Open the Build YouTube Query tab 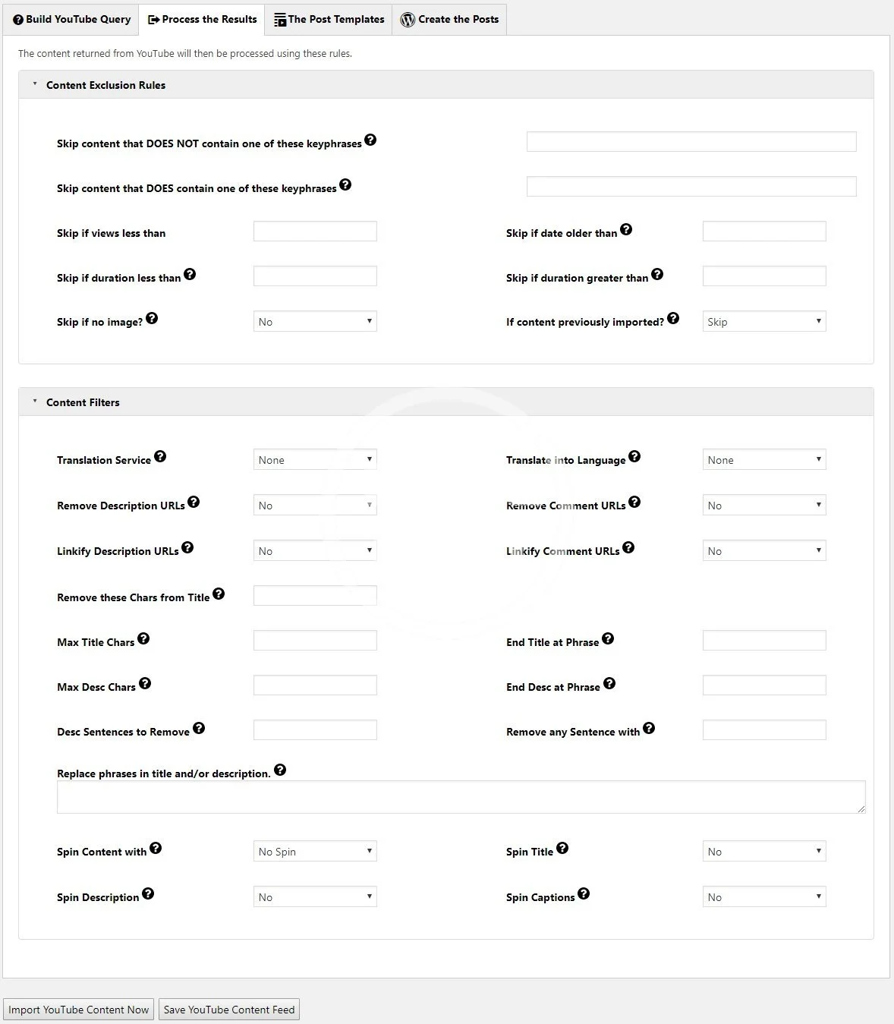(x=71, y=19)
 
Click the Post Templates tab (x=329, y=19)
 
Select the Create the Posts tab (x=449, y=19)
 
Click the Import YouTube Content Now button (x=79, y=1010)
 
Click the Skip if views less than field (x=315, y=232)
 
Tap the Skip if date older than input (x=764, y=232)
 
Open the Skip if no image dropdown (x=315, y=321)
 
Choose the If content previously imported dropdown (x=764, y=321)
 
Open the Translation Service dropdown (x=315, y=459)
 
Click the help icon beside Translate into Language (x=634, y=456)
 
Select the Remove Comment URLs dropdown (x=764, y=505)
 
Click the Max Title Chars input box (x=315, y=641)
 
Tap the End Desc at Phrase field (x=764, y=685)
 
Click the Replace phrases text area (x=461, y=797)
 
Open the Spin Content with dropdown (x=315, y=851)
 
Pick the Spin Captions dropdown (x=764, y=896)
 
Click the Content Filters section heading (x=83, y=402)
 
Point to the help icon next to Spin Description (x=148, y=893)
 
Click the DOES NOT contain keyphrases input (x=691, y=141)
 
